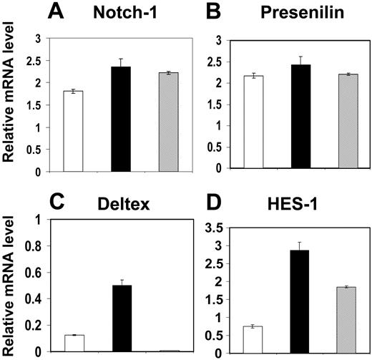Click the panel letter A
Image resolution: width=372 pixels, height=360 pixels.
tap(61, 12)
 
